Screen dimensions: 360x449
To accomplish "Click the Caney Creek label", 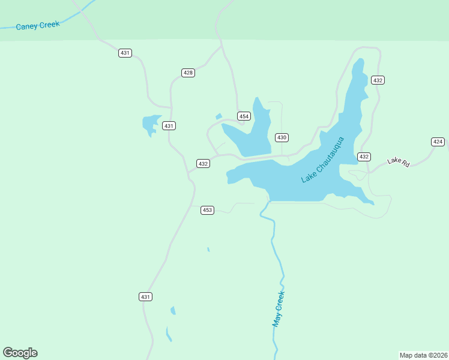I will point(38,25).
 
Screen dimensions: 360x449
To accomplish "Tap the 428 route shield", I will point(188,73).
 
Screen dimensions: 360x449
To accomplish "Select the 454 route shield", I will point(243,116).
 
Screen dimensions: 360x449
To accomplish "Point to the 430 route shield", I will point(282,137).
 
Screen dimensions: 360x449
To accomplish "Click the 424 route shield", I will point(438,142).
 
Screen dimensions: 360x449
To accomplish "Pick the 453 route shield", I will point(207,210).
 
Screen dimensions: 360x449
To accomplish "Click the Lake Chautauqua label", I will point(323,160).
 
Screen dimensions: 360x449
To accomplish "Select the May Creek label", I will point(278,308).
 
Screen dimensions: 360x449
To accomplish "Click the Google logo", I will point(20,353).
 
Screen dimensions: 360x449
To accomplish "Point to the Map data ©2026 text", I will point(423,355).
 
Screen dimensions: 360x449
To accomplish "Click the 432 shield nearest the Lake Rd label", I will point(364,157).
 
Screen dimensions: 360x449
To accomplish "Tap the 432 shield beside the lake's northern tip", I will point(378,80).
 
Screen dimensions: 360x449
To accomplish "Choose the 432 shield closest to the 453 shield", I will point(203,163).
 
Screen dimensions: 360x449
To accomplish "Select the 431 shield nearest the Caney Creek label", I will point(125,53).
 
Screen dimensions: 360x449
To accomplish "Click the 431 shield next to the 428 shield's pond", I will point(169,125).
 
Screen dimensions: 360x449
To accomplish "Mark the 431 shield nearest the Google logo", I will point(145,296).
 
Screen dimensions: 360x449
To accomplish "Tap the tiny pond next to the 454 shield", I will point(218,116).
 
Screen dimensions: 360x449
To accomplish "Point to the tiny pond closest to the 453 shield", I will point(208,249).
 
